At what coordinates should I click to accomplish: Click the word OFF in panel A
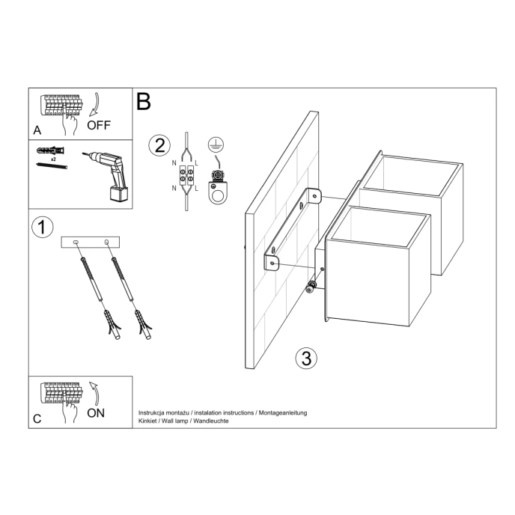(x=98, y=125)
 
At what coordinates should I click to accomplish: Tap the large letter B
(x=144, y=103)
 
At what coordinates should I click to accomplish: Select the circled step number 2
(x=158, y=144)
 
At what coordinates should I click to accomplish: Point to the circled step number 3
(x=304, y=358)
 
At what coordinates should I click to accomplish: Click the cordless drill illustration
(x=109, y=174)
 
